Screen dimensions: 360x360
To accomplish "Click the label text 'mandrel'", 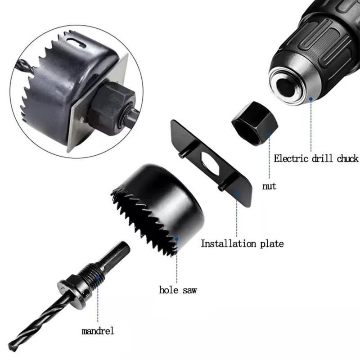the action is coord(98,331).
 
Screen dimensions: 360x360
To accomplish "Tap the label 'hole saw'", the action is coord(178,290).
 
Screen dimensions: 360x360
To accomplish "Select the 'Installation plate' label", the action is coord(242,243).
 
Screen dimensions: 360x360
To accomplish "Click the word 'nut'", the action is coord(269,186).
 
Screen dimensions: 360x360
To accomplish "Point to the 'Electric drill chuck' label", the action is coord(316,158).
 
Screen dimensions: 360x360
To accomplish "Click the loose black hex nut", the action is coord(255,124).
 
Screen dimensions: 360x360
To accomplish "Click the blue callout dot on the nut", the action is coord(269,133).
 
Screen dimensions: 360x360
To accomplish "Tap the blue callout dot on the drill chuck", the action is coord(311,99).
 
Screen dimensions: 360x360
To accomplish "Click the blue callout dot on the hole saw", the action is coord(176,239).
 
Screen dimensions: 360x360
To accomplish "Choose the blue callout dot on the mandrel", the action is coord(98,278).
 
